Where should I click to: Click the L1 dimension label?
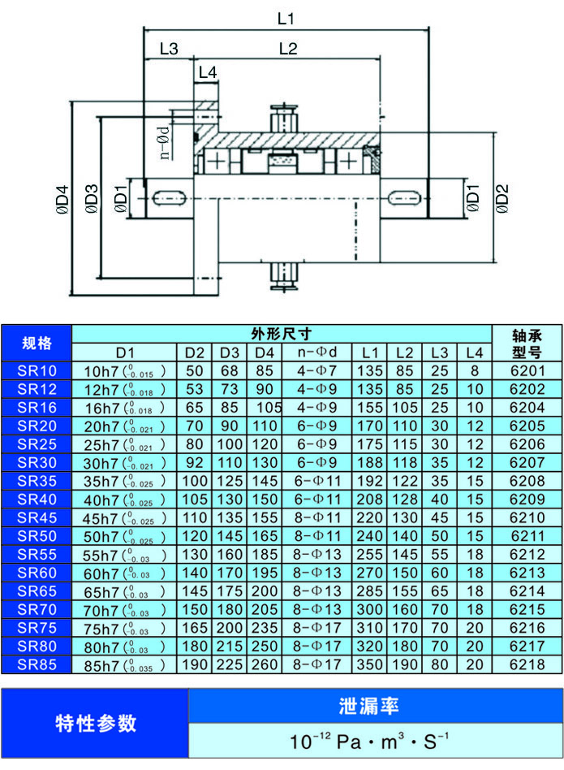pyautogui.click(x=285, y=18)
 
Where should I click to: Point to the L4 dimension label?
pyautogui.click(x=208, y=72)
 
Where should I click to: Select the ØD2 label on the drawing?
pyautogui.click(x=502, y=198)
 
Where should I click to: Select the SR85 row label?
pyautogui.click(x=37, y=664)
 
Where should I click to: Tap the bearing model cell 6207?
pyautogui.click(x=527, y=462)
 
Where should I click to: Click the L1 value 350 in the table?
pyautogui.click(x=370, y=664)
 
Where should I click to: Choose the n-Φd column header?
pyautogui.click(x=316, y=352)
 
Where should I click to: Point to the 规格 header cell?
pyautogui.click(x=37, y=342)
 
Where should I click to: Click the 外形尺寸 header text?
pyautogui.click(x=282, y=333)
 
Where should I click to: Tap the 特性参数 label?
pyautogui.click(x=96, y=723)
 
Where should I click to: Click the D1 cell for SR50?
pyautogui.click(x=125, y=536)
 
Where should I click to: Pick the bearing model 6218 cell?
pyautogui.click(x=527, y=664)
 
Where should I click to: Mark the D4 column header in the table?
pyautogui.click(x=265, y=353)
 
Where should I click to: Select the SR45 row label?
pyautogui.click(x=37, y=518)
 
